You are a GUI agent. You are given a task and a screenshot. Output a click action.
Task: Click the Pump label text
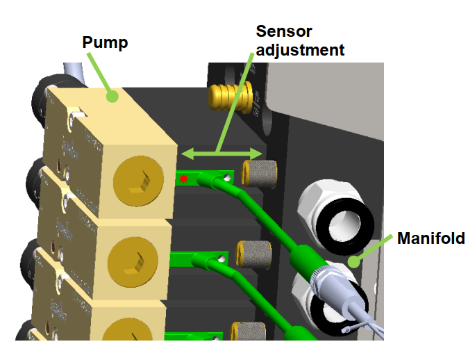[105, 42]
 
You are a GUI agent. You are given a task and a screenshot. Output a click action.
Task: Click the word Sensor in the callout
[284, 31]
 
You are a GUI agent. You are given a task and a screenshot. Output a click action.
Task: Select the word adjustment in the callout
[300, 50]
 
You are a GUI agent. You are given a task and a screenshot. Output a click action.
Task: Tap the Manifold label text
[431, 238]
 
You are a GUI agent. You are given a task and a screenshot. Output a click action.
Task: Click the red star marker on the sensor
[183, 179]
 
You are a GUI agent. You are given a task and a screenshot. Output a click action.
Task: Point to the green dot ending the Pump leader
[112, 96]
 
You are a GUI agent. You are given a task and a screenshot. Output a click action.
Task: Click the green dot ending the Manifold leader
[354, 262]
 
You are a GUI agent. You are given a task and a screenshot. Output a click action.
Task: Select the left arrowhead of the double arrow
[187, 154]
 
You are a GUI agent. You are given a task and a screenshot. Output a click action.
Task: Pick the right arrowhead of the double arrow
[256, 154]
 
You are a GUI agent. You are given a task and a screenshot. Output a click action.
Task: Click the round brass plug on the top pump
[138, 181]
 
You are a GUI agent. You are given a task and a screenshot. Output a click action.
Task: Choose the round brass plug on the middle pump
[133, 262]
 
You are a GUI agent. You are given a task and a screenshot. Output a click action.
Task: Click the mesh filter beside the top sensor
[259, 173]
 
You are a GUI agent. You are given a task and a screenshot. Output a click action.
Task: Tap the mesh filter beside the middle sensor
[253, 254]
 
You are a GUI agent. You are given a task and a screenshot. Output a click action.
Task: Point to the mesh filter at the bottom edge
[249, 331]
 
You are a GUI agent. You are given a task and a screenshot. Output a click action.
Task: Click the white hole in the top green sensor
[227, 178]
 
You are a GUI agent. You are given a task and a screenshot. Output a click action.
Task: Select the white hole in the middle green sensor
[222, 259]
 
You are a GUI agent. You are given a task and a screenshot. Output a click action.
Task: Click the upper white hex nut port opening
[344, 226]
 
